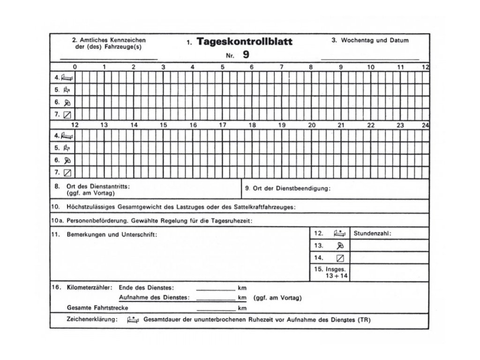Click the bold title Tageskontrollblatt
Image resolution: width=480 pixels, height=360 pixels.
(x=245, y=42)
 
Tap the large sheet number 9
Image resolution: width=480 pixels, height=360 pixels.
(x=246, y=54)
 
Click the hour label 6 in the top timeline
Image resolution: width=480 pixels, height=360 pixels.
(x=252, y=67)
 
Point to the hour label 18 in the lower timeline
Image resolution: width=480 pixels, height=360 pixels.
(x=252, y=125)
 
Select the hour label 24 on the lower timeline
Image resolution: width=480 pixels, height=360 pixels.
(x=425, y=125)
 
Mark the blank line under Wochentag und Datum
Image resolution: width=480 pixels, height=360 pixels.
(x=370, y=60)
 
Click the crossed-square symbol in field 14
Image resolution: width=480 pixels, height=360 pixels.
(x=341, y=257)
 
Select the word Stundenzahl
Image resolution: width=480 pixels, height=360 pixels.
(x=372, y=233)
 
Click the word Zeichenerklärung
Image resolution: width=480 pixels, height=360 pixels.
(x=92, y=321)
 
